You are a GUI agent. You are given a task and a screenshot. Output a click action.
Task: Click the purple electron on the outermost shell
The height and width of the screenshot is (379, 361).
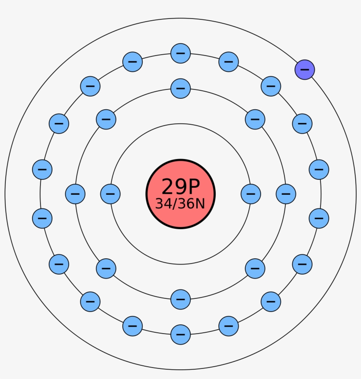[x=305, y=70]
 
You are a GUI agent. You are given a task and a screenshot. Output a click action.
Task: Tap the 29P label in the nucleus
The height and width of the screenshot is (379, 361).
[x=180, y=186]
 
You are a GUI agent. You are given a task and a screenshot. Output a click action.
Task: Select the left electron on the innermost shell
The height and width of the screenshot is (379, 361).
[x=110, y=194]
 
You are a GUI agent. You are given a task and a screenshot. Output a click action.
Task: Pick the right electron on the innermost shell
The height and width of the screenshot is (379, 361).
[x=251, y=194]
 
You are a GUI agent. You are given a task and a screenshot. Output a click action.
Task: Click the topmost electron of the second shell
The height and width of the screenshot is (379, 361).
[x=180, y=88]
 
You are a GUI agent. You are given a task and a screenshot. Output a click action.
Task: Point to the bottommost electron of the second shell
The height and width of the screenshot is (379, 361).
[x=180, y=299]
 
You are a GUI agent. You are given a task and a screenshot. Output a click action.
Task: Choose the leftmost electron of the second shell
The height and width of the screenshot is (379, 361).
[x=75, y=193]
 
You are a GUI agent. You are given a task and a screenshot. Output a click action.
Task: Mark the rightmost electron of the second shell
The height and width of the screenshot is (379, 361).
[x=286, y=193]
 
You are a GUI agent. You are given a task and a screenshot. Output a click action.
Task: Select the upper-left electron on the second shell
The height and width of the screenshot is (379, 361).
[x=106, y=119]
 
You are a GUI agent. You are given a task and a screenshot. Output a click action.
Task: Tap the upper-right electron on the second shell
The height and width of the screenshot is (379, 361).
[x=255, y=119]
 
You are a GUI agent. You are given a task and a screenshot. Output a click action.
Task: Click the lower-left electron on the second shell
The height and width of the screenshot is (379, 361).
[x=106, y=268]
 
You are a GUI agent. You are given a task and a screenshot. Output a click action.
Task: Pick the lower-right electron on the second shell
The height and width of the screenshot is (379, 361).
[x=255, y=268]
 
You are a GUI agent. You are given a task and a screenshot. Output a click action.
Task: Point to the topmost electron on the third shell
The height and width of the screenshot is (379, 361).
[x=180, y=53]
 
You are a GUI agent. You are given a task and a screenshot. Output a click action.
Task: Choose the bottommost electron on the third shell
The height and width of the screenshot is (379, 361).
[x=180, y=334]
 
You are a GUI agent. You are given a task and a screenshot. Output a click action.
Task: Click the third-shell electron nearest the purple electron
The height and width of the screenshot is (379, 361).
[x=271, y=86]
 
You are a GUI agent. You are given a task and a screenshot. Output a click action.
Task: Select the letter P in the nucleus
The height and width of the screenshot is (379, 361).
[x=192, y=186]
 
